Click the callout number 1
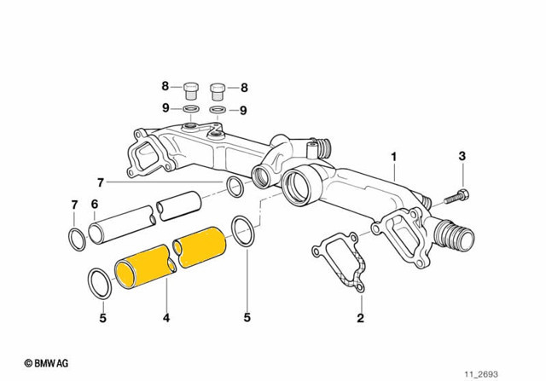394,157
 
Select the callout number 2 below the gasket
360,317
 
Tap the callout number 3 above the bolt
462,156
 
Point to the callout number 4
166,318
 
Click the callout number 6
95,205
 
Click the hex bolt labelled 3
456,197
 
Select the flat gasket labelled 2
339,262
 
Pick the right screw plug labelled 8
218,91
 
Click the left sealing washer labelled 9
191,109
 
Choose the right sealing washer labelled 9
218,110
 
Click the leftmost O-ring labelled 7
77,240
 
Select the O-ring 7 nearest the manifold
235,187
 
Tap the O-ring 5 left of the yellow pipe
101,283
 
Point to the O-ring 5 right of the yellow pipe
243,231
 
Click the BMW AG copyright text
46,363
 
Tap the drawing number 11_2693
481,374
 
